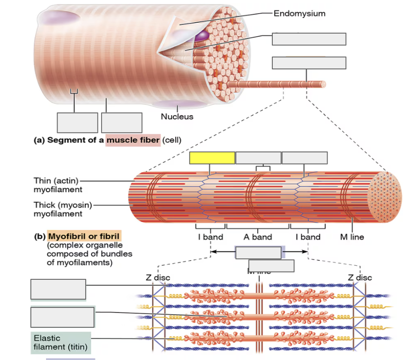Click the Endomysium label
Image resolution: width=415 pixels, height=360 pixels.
(299, 13)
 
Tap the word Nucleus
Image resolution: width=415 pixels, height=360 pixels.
(177, 117)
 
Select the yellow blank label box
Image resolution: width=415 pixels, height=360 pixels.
(212, 158)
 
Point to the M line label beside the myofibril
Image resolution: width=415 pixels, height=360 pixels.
(352, 237)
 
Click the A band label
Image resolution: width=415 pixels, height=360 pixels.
(258, 237)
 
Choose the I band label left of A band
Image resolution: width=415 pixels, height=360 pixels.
(210, 237)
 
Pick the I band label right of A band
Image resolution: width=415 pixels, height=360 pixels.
(308, 237)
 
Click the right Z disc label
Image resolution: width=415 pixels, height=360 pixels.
(360, 277)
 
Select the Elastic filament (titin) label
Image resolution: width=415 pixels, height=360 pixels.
(61, 343)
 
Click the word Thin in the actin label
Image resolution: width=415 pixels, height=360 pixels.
(43, 181)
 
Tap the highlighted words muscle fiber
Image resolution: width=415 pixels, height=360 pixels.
(133, 140)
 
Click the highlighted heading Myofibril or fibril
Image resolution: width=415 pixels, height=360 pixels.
(85, 237)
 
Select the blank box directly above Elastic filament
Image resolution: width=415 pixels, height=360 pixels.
(63, 317)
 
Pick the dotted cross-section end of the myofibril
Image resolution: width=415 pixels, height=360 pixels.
(385, 197)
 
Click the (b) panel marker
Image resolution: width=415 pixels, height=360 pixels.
(40, 237)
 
